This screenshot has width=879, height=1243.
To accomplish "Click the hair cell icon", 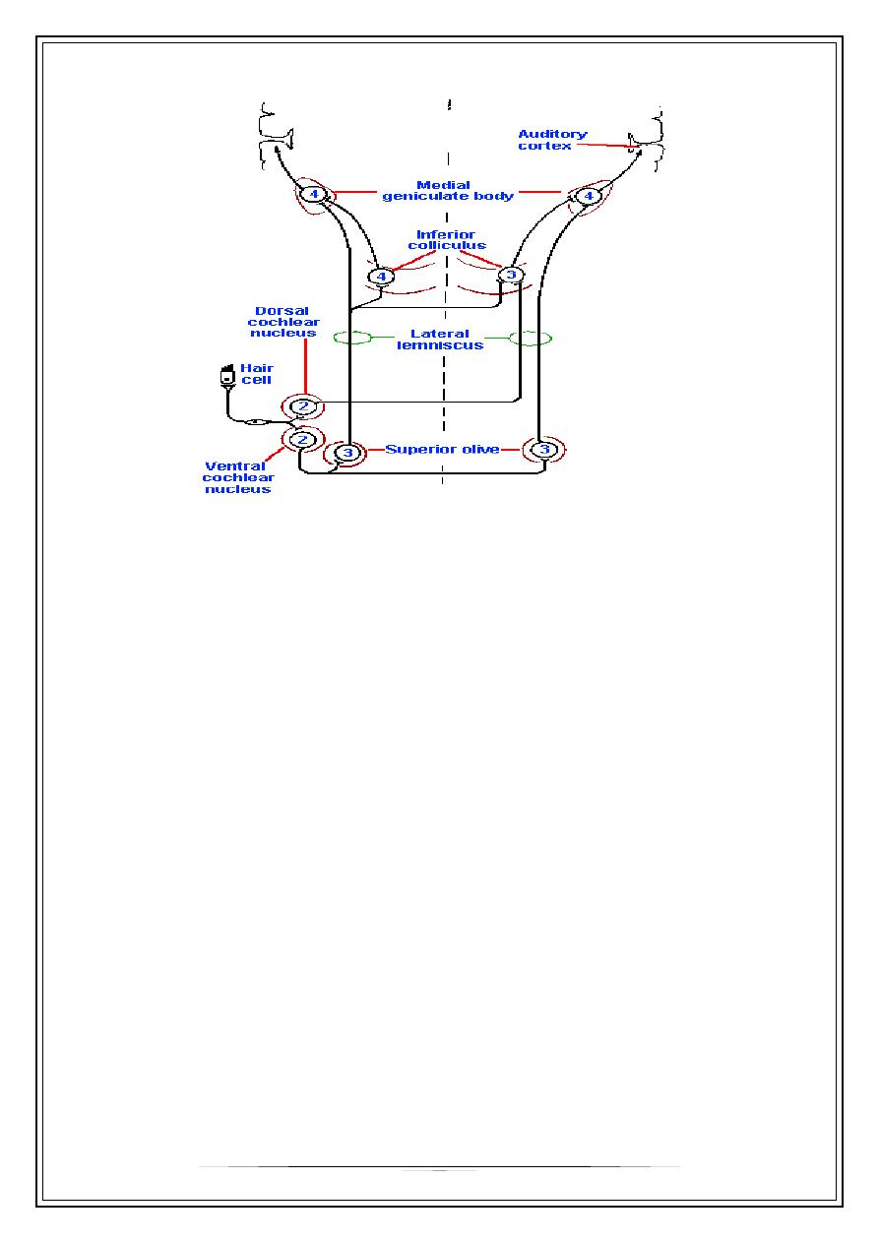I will click(x=223, y=377).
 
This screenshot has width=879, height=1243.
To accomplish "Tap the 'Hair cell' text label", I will click(x=257, y=375).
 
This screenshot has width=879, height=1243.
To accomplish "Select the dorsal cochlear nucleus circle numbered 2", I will click(x=303, y=405).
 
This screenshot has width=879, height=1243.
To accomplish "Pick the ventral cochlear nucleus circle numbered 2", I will click(x=302, y=439).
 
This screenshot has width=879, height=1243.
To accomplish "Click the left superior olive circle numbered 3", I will click(x=347, y=452).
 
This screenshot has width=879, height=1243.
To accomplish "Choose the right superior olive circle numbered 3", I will click(x=544, y=450).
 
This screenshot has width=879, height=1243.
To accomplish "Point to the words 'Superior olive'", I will click(x=442, y=450).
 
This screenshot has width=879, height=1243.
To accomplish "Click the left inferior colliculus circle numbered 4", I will click(x=381, y=277).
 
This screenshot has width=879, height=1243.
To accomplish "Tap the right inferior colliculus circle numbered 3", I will click(x=510, y=275).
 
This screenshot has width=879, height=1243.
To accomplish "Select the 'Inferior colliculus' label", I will click(x=447, y=240).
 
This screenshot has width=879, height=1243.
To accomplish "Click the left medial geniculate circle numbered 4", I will click(x=313, y=195).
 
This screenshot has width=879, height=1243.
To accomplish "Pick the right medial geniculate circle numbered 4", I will click(x=589, y=197).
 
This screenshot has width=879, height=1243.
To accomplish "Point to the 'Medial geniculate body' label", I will click(x=447, y=190).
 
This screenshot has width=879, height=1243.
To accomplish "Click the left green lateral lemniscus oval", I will click(x=352, y=339).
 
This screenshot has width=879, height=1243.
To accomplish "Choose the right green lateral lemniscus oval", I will click(x=531, y=339).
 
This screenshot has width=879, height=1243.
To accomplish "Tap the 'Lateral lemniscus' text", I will click(x=441, y=340).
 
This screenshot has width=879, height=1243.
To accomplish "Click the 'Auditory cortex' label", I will click(x=552, y=140).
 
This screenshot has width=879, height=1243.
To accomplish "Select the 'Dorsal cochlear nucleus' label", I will click(x=283, y=322).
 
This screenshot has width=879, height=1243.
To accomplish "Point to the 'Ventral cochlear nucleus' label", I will click(x=236, y=477).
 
